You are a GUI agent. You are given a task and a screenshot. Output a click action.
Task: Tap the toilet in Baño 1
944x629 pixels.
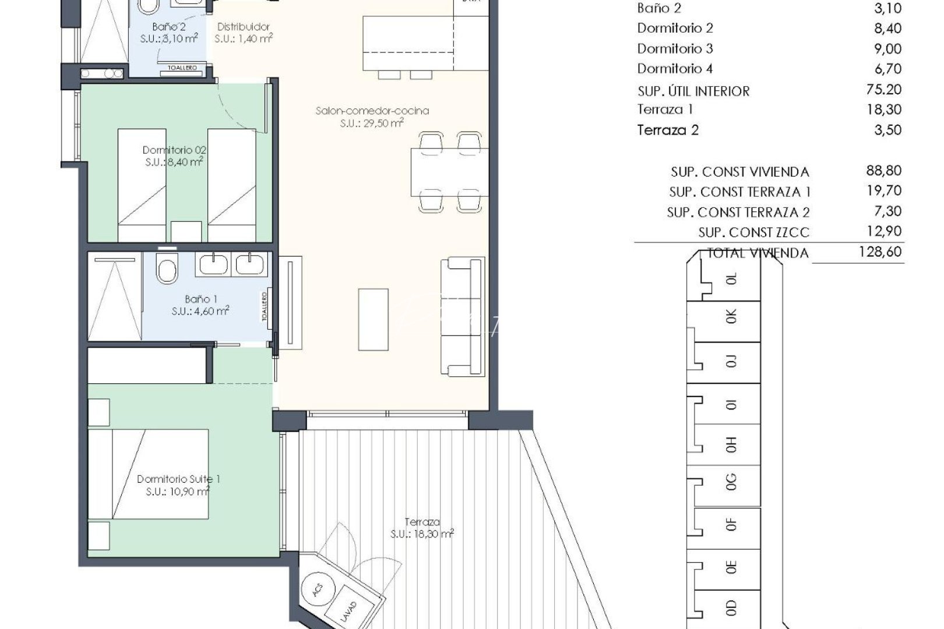coord(167,270)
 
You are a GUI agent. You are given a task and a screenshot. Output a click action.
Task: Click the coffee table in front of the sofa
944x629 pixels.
coord(373,319)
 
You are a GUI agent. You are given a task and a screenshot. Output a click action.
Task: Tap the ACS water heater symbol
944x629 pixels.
coord(317,589)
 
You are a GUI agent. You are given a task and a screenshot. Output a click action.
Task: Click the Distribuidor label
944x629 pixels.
coord(244,27)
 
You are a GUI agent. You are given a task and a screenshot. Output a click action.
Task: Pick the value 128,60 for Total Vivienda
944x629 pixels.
coord(880,252)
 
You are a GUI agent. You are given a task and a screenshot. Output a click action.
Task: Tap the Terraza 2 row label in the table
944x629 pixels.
coord(668,130)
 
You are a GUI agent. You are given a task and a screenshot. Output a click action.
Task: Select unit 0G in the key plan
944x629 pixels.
coord(732,483)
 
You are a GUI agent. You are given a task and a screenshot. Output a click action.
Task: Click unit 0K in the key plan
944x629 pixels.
coord(732,316)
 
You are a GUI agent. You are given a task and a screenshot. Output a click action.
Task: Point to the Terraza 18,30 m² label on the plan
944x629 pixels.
coord(422,528)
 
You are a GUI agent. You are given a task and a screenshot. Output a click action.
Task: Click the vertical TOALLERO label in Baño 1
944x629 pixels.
coord(265,306)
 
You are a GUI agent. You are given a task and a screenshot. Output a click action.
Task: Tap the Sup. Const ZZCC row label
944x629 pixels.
coord(753,232)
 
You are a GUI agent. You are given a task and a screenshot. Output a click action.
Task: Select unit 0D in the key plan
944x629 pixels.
coord(732,608)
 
